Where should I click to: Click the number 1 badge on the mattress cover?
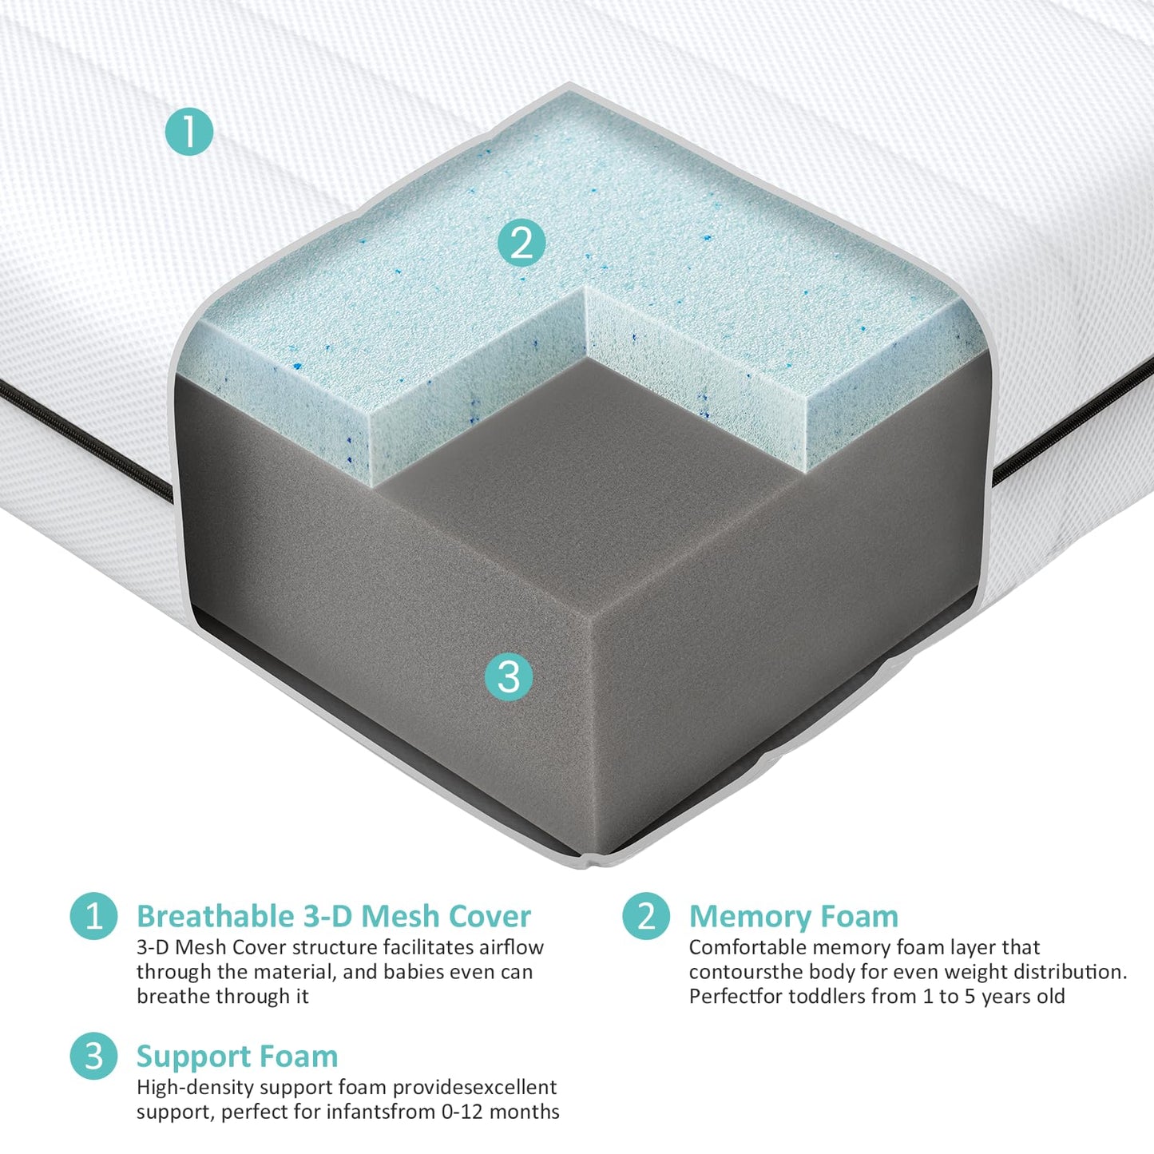[x=189, y=132]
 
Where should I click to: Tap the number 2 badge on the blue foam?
[x=521, y=243]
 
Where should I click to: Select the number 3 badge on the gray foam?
[x=509, y=677]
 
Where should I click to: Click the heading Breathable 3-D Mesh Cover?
[x=333, y=916]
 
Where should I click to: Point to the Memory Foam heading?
[x=793, y=916]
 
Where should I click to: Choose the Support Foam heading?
[x=237, y=1056]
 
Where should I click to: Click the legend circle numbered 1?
[x=93, y=916]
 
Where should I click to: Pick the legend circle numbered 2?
[x=646, y=916]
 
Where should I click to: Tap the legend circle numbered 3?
[x=93, y=1056]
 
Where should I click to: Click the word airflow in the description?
[x=511, y=947]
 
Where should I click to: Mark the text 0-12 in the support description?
[x=462, y=1112]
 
